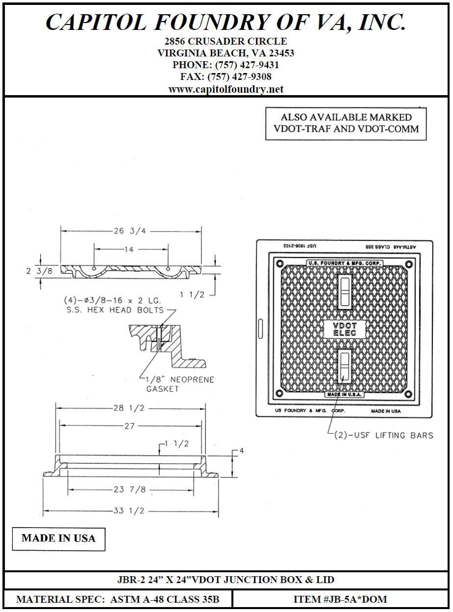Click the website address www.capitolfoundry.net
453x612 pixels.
click(x=226, y=89)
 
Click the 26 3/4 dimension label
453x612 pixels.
click(x=130, y=231)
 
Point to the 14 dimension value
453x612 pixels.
click(x=129, y=250)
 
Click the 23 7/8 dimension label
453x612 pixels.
click(x=130, y=490)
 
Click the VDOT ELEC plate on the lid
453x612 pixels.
click(x=345, y=329)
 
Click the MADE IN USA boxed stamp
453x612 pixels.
click(x=58, y=538)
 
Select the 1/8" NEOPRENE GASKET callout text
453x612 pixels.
click(x=180, y=384)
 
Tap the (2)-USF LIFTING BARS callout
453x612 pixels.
click(x=383, y=435)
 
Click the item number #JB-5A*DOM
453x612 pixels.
click(x=340, y=599)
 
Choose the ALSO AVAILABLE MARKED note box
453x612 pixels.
click(x=346, y=123)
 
